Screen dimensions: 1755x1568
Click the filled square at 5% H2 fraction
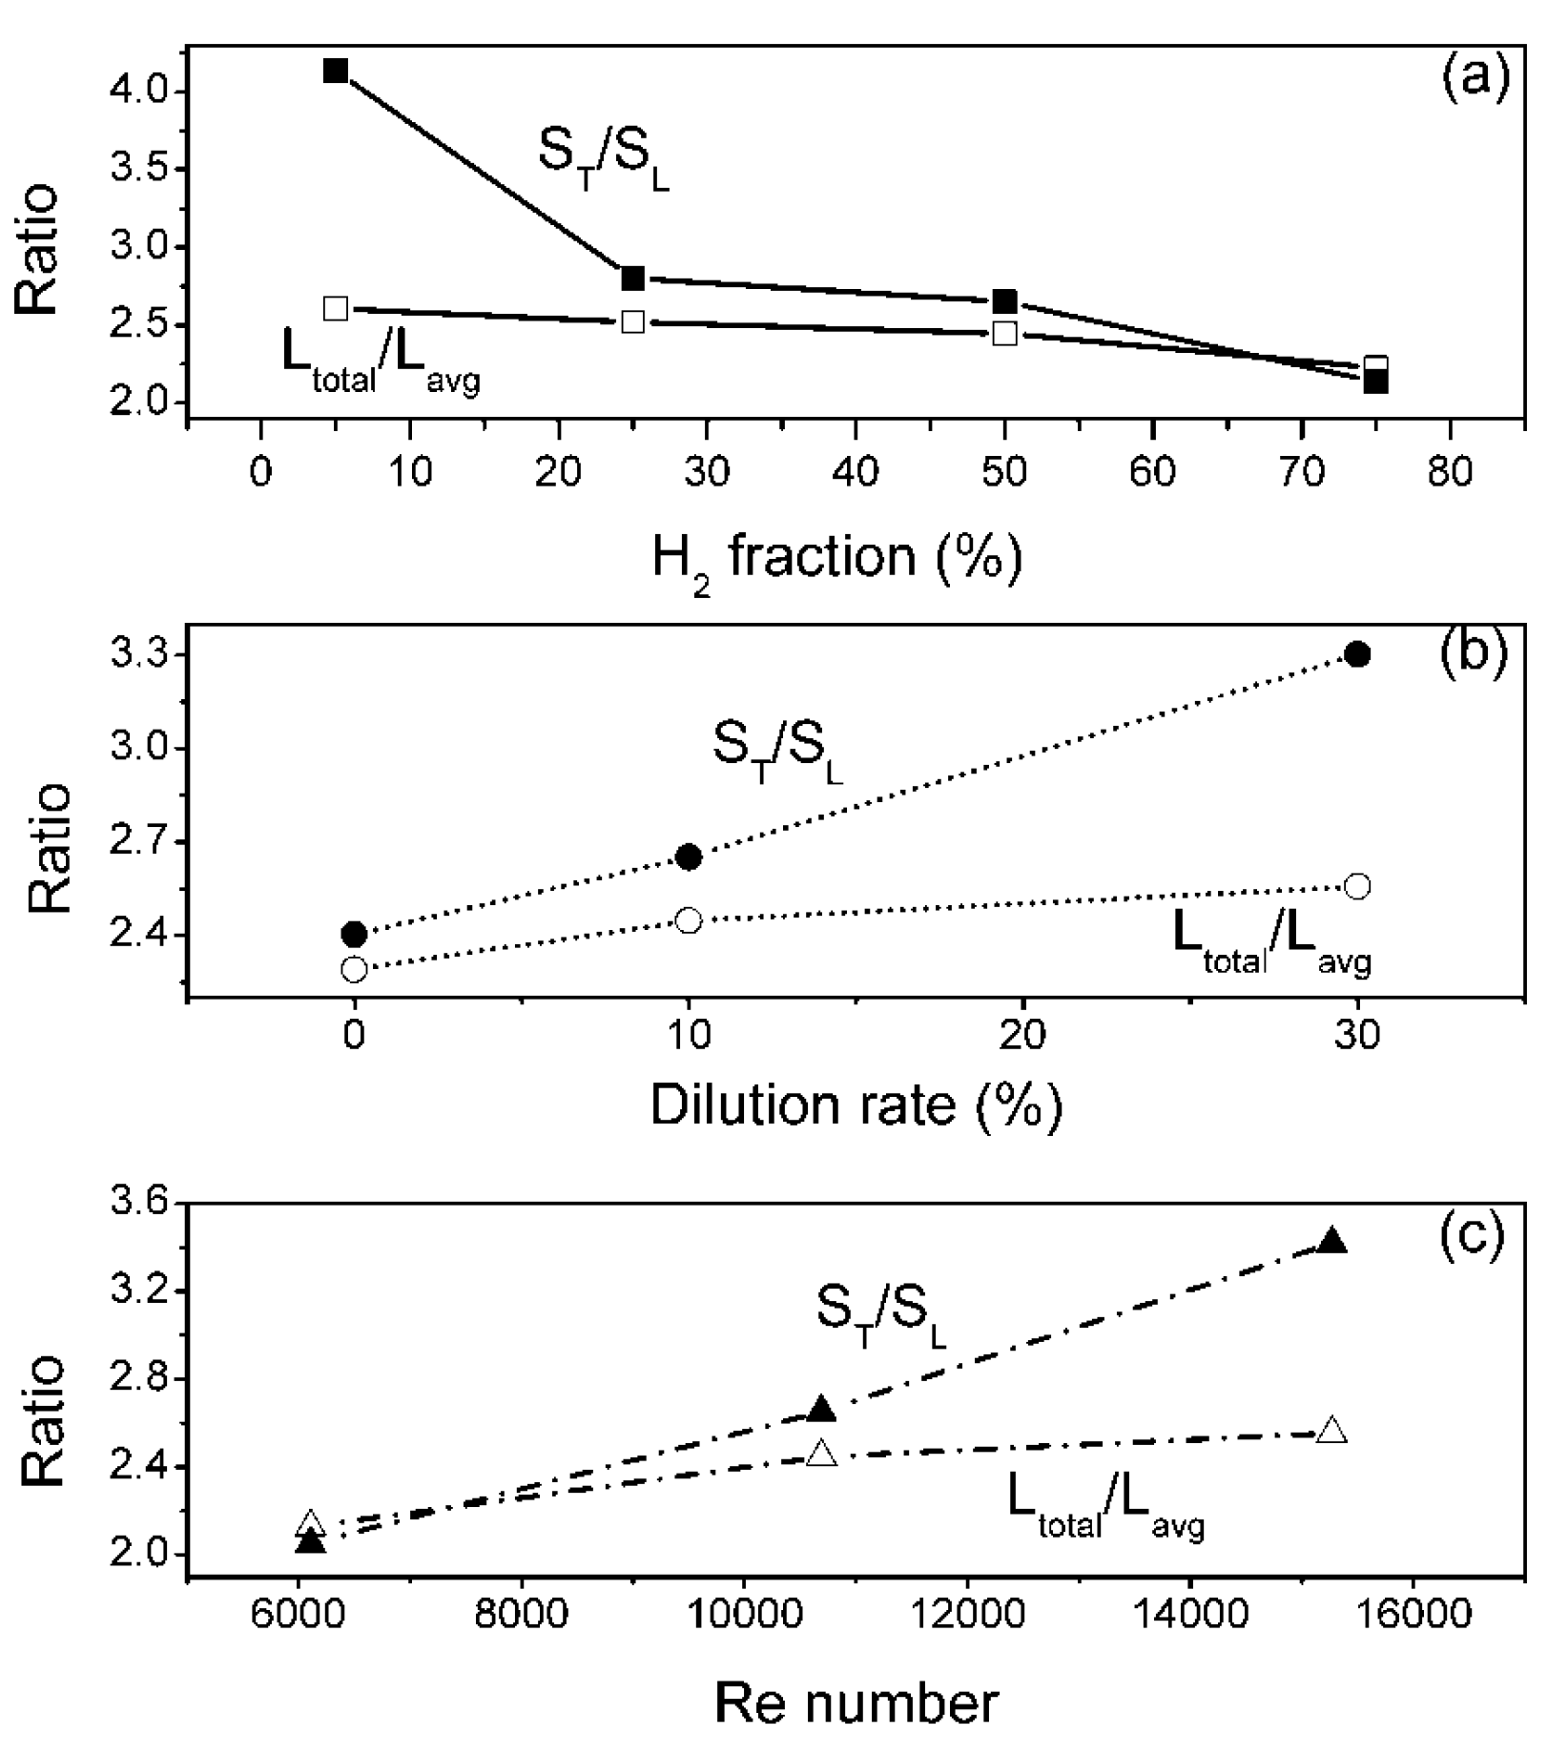click(336, 71)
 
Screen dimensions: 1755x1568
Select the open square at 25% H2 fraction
click(633, 321)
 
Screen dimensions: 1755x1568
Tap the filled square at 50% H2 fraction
click(1004, 301)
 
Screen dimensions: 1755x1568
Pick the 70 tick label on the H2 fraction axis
click(1302, 473)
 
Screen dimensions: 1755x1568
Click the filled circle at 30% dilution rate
click(1357, 654)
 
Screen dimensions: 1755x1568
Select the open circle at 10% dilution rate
click(689, 920)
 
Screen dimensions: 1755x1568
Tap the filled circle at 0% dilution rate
click(354, 933)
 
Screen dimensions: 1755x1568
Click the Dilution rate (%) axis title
click(856, 1106)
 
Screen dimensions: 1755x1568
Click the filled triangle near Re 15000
click(1331, 1242)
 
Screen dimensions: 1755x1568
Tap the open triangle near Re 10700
click(821, 1454)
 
